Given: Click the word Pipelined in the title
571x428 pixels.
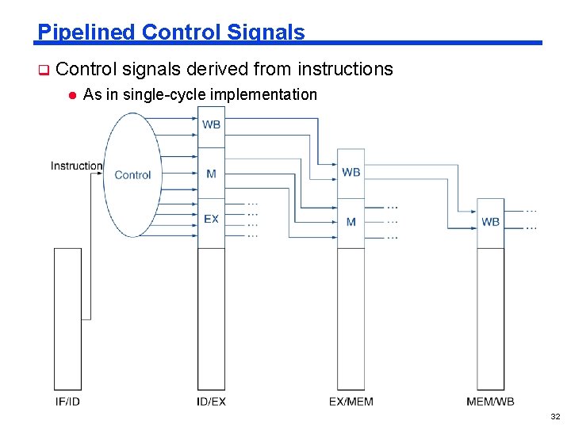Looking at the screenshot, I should coord(86,32).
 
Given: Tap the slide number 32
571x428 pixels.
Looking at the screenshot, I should coord(554,416).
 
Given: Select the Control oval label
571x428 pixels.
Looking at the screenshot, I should coord(132,175).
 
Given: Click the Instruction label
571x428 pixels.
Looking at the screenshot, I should coord(76,166).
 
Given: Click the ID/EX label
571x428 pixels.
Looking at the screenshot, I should coord(211,402).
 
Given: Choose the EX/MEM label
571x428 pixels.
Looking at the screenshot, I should coord(351,402).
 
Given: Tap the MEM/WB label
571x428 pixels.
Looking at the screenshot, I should coord(490,402).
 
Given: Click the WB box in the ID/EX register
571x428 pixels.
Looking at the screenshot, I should coord(211,125).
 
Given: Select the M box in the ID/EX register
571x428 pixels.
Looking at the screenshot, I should coord(211,174).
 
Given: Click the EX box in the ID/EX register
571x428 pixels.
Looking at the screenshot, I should coord(211,219).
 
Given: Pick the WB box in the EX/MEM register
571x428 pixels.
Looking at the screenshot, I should coord(351,172).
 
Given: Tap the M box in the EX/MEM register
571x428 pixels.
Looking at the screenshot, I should coord(351,222).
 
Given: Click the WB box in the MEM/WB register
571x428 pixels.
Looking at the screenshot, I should coord(490,222).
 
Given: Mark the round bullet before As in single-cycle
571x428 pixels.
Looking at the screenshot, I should coord(71,95).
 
